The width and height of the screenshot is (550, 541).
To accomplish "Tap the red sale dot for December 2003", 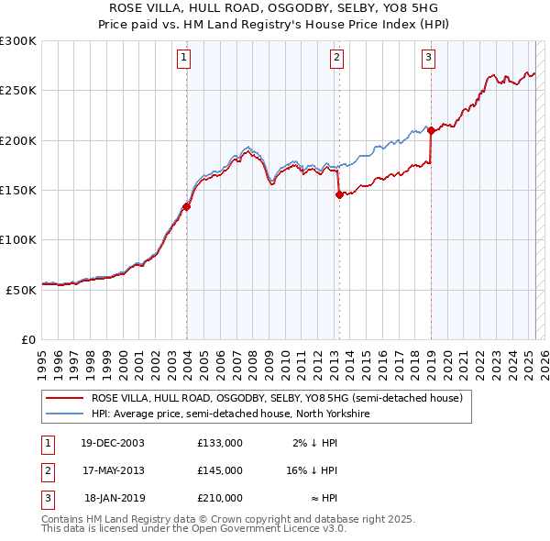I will point(187,207).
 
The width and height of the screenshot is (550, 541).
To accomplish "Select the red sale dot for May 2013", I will point(339,194).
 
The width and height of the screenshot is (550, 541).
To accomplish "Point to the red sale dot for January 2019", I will point(431,130).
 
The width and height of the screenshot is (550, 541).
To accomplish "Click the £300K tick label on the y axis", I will point(17,41).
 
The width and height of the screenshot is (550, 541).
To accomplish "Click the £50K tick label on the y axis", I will point(21,290).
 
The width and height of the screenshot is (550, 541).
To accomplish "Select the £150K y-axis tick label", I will point(17,191).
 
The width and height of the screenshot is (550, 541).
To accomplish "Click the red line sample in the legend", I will point(64,399).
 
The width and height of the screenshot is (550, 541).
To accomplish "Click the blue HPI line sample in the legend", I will point(64,414).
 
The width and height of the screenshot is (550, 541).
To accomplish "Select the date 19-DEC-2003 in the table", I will point(113,443).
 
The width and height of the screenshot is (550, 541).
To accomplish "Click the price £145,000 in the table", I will point(220,470).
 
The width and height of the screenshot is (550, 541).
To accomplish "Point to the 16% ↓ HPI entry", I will point(313,470).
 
